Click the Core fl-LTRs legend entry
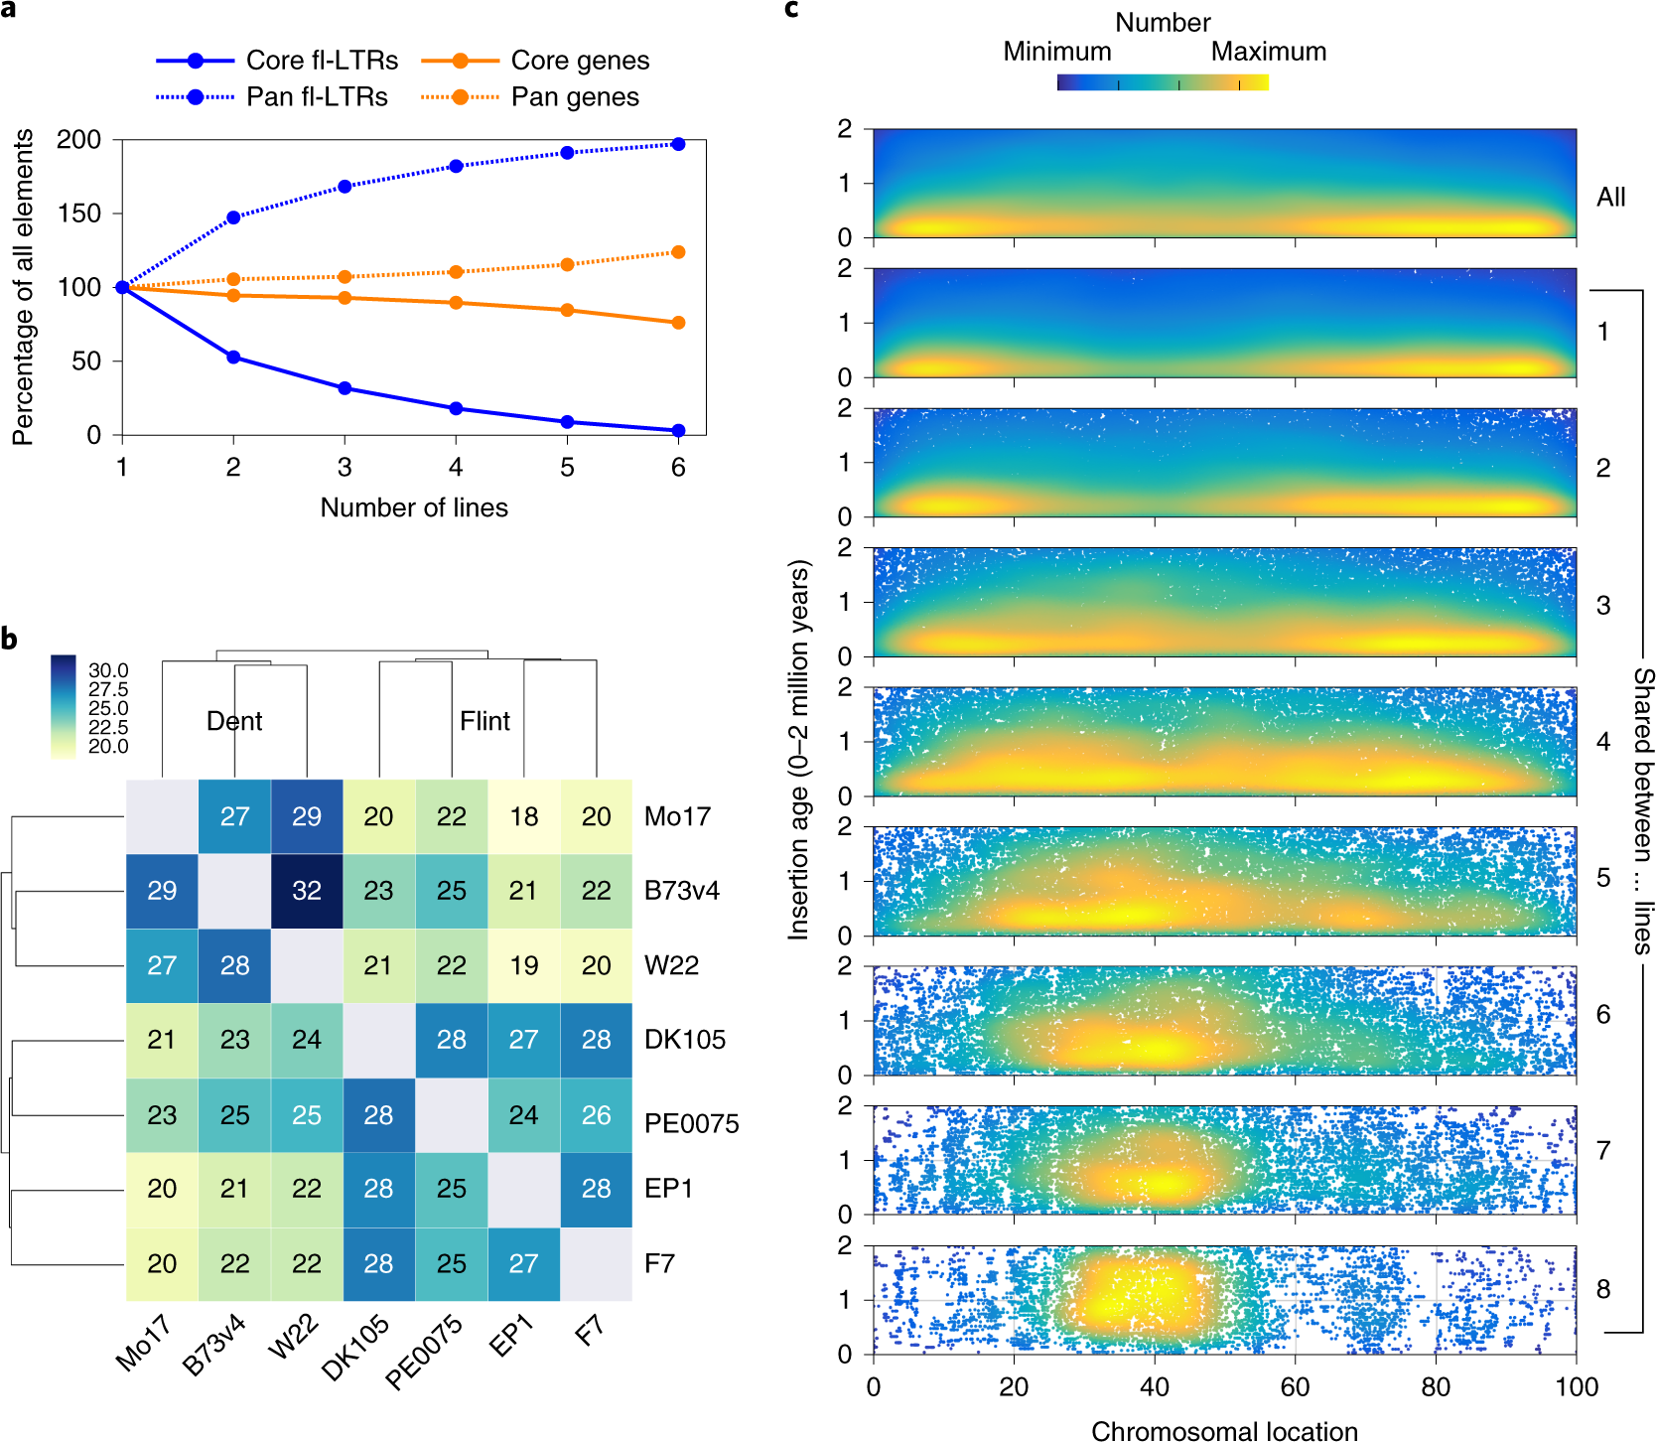click(322, 61)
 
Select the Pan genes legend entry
click(574, 97)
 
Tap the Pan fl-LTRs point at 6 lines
click(678, 144)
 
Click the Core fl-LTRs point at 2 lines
click(233, 357)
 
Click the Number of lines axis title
click(414, 507)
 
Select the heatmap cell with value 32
click(307, 891)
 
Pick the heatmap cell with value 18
click(524, 816)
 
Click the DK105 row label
click(685, 1040)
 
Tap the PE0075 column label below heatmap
click(425, 1352)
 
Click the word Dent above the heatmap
click(234, 721)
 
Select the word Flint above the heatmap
click(484, 721)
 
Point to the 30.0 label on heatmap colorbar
click(108, 670)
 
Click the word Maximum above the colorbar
click(1269, 52)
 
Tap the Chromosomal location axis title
click(1224, 1431)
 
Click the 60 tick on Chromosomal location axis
click(1295, 1387)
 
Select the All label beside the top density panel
click(1610, 198)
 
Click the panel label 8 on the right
click(1603, 1289)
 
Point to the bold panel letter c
click(791, 10)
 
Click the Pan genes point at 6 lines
click(678, 252)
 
